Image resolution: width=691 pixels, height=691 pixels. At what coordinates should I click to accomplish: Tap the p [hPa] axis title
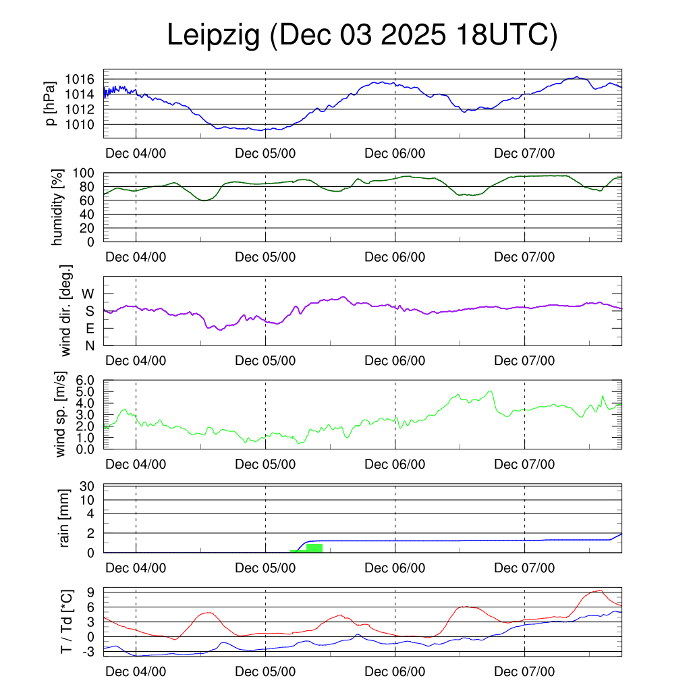pyautogui.click(x=51, y=103)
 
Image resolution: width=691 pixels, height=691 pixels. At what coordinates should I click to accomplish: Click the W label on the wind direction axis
pyautogui.click(x=88, y=294)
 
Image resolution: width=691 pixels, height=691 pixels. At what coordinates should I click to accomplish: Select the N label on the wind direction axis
pyautogui.click(x=88, y=345)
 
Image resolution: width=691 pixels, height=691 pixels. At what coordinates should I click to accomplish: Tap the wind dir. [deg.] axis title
pyautogui.click(x=66, y=310)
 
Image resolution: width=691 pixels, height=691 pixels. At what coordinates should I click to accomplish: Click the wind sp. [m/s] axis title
pyautogui.click(x=61, y=414)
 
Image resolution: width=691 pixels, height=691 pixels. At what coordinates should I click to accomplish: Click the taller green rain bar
pyautogui.click(x=314, y=547)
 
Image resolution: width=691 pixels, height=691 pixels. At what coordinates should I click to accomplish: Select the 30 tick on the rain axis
pyautogui.click(x=89, y=486)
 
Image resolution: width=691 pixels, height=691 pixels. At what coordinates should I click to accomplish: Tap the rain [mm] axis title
pyautogui.click(x=65, y=518)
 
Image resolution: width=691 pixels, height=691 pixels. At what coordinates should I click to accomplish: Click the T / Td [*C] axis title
pyautogui.click(x=65, y=621)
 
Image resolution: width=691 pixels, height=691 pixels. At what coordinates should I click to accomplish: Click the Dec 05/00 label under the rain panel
pyautogui.click(x=265, y=568)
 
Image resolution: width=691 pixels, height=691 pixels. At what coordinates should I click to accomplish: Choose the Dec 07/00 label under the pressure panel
pyautogui.click(x=524, y=153)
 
